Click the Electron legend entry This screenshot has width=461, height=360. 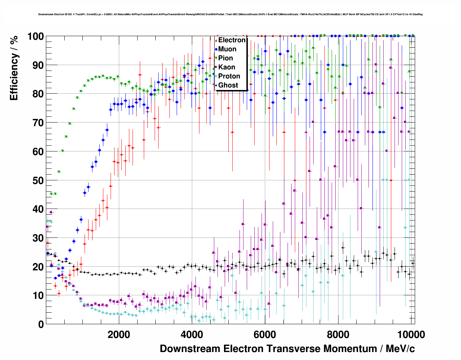pos(232,40)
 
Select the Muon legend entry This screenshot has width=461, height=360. pos(227,49)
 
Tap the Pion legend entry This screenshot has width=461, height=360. pos(225,58)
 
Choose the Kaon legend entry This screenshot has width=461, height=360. pos(227,67)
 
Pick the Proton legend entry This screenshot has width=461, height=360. pos(229,76)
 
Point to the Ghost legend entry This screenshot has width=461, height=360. pos(228,85)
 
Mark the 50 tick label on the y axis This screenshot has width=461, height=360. pos(38,180)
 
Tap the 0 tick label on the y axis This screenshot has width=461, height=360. pos(41,324)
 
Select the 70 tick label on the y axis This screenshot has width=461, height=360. pos(38,123)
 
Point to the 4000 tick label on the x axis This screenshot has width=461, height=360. pos(192,334)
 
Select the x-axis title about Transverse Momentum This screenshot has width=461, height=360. pos(287,349)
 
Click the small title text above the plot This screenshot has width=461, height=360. pos(231,14)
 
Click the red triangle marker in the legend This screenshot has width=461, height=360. pos(216,40)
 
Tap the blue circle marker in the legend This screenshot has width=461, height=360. pos(216,49)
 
